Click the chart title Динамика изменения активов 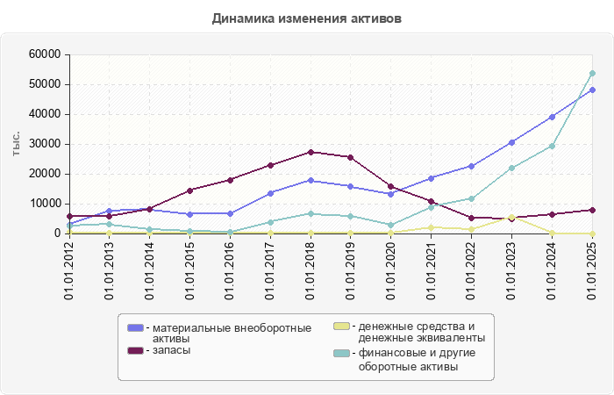pos(307,18)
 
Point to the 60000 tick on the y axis pos(44,54)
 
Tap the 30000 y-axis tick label pos(44,144)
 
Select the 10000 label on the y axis pos(44,204)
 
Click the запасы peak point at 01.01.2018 pos(311,152)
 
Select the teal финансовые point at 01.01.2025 pos(592,73)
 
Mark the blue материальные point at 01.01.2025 pos(592,90)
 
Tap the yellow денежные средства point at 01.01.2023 pos(511,216)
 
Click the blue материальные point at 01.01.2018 pos(311,180)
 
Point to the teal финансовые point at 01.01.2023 pos(511,168)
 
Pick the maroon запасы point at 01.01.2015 pos(189,190)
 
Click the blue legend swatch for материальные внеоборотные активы pos(135,327)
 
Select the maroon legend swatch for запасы pos(135,350)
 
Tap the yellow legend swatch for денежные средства pos(341,327)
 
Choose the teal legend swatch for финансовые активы pos(341,354)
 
